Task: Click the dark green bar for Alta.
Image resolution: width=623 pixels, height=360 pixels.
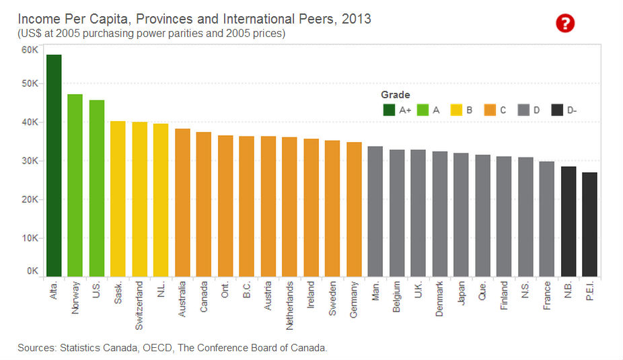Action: pyautogui.click(x=54, y=166)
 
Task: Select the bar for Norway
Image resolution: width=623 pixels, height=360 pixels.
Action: pyautogui.click(x=75, y=185)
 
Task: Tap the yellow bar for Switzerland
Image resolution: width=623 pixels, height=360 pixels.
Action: pyautogui.click(x=139, y=199)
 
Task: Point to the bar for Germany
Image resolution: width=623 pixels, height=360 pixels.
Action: pyautogui.click(x=354, y=209)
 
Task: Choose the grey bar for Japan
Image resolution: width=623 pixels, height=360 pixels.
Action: pyautogui.click(x=461, y=215)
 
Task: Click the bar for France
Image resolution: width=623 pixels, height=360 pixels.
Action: pyautogui.click(x=546, y=219)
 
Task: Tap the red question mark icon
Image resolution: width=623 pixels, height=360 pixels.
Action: pyautogui.click(x=565, y=24)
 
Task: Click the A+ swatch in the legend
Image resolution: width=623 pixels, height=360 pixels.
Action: pyautogui.click(x=389, y=110)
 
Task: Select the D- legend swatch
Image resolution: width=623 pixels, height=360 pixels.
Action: pyautogui.click(x=557, y=110)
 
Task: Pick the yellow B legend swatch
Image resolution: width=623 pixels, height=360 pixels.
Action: pyautogui.click(x=456, y=110)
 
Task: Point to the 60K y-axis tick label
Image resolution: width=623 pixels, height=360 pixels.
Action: pyautogui.click(x=30, y=50)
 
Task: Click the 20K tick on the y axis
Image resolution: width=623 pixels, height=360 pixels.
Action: pyautogui.click(x=30, y=200)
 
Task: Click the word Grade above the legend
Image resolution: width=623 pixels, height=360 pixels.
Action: pyautogui.click(x=396, y=95)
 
